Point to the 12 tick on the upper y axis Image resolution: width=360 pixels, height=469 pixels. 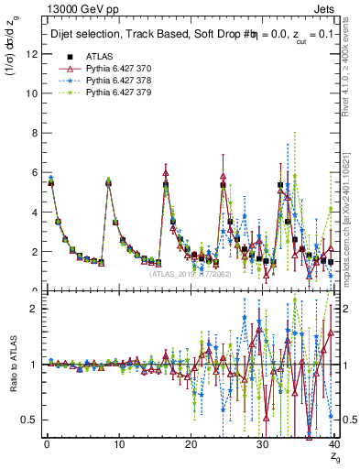[31, 54]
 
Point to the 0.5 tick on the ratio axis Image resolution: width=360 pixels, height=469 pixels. [28, 420]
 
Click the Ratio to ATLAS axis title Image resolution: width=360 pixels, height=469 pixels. [12, 366]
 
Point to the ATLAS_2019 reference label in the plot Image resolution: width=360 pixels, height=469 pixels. [192, 273]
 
